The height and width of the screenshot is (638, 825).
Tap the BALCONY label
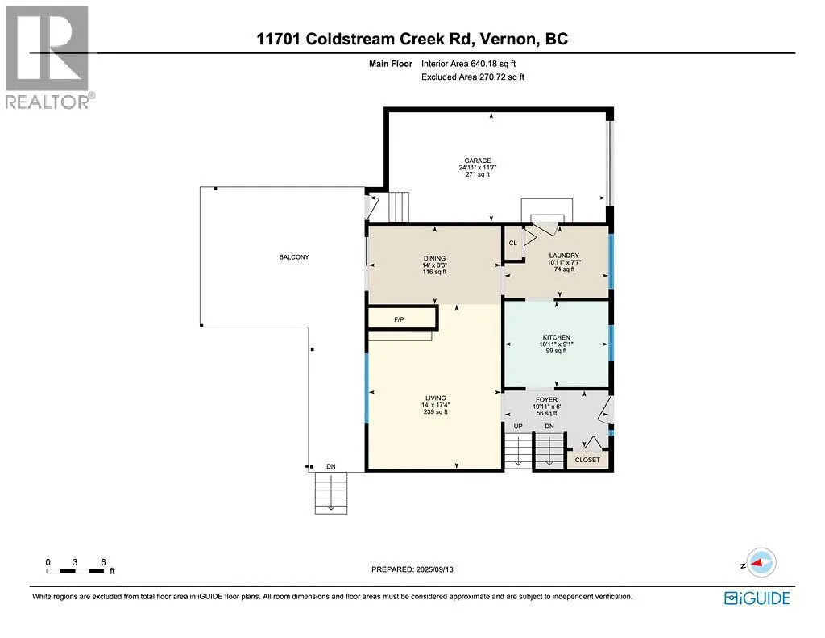click(294, 257)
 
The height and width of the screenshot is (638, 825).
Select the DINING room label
click(434, 260)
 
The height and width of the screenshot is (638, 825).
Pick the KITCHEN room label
click(556, 337)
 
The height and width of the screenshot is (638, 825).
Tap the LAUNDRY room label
click(564, 256)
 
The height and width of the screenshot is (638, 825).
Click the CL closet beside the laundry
click(512, 243)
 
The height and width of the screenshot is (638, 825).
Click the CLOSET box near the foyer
click(587, 460)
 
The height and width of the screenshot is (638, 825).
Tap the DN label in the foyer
click(549, 426)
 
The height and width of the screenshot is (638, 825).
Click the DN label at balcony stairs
click(330, 466)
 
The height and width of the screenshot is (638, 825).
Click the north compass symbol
click(761, 561)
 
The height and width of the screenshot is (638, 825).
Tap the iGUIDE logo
click(757, 598)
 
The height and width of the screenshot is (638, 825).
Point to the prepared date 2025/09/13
click(418, 569)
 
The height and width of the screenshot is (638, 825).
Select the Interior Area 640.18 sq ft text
click(473, 64)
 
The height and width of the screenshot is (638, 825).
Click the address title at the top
click(412, 39)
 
